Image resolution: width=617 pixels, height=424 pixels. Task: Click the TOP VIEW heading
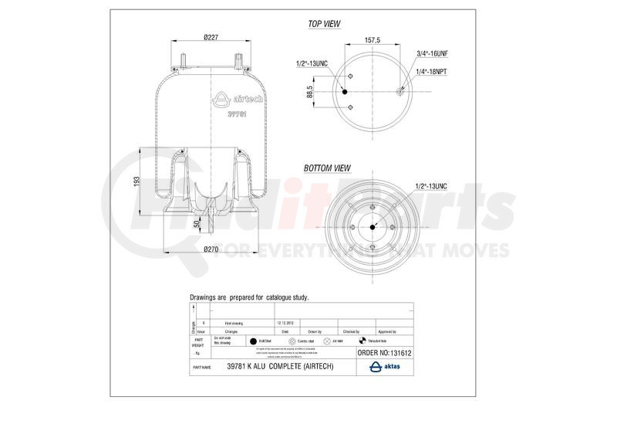click(x=325, y=24)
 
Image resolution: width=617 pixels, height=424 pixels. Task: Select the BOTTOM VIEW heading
click(x=327, y=168)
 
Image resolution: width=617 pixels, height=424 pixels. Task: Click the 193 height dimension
click(x=136, y=180)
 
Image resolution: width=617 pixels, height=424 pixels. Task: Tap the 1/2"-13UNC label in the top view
click(x=312, y=63)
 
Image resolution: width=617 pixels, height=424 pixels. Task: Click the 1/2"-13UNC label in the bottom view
click(x=433, y=187)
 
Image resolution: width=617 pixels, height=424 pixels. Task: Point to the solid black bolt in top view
click(x=345, y=92)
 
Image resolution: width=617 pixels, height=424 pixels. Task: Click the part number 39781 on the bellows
click(x=236, y=114)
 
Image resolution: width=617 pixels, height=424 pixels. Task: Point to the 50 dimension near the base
click(x=197, y=223)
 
